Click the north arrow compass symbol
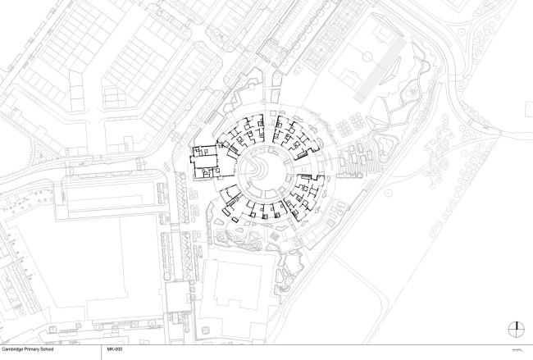pyautogui.click(x=516, y=329)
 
